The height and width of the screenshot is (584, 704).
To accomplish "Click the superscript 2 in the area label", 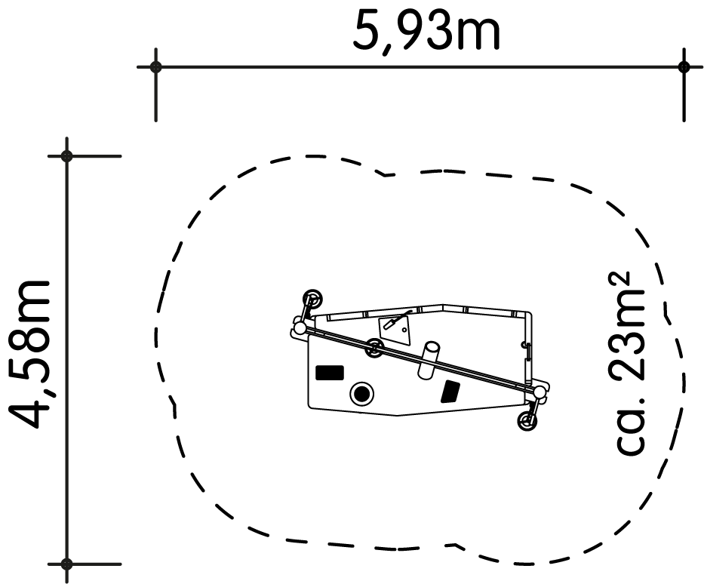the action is pyautogui.click(x=619, y=281).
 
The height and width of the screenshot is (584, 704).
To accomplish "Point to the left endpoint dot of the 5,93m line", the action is pyautogui.click(x=155, y=67).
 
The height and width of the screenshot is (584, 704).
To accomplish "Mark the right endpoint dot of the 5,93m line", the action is pyautogui.click(x=684, y=67).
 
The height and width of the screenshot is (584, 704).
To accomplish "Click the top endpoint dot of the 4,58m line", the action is pyautogui.click(x=67, y=156).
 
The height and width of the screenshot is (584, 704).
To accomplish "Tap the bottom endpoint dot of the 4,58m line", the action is pyautogui.click(x=67, y=564).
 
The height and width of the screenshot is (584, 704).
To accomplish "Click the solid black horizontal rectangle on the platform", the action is pyautogui.click(x=330, y=373).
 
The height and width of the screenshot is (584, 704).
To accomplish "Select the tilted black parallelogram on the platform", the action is pyautogui.click(x=450, y=391).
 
